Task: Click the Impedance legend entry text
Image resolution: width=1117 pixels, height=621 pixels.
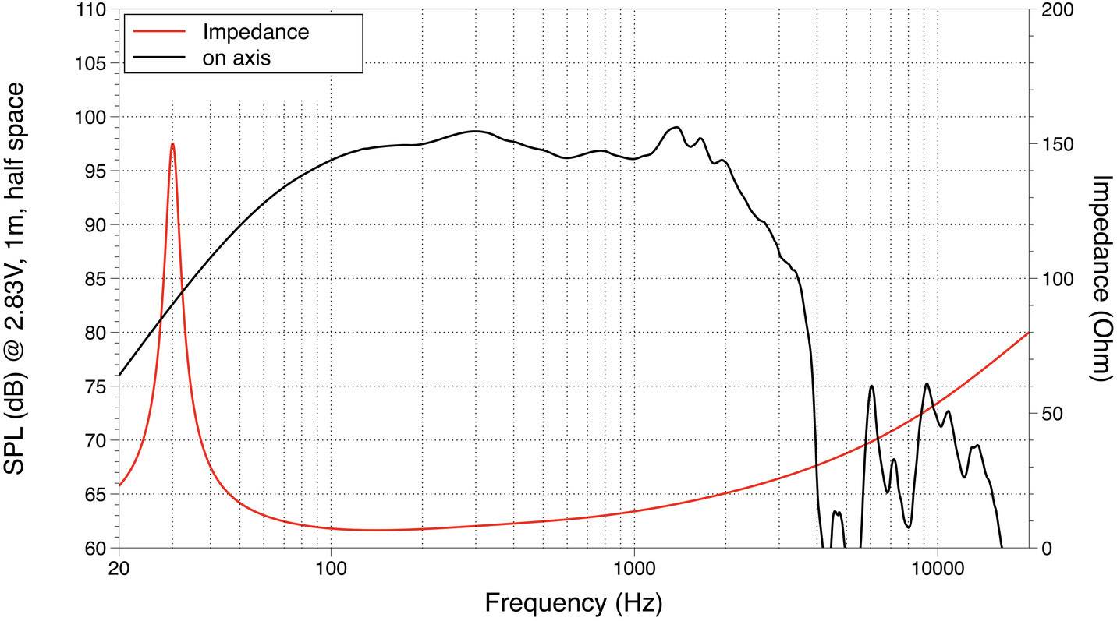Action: coord(255,32)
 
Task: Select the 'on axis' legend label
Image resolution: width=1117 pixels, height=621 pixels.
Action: coord(236,58)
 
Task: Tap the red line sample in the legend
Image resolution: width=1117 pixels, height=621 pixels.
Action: coord(160,32)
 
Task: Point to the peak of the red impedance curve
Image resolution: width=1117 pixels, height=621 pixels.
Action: coord(172,144)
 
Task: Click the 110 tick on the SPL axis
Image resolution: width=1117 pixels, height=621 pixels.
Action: coord(93,10)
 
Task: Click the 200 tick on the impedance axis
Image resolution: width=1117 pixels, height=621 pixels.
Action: coord(1058,10)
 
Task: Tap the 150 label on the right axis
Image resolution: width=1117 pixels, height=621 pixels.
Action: coord(1058,144)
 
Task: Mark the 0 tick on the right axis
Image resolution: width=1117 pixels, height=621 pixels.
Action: coord(1047,548)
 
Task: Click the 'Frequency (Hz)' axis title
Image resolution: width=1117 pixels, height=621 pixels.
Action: coord(573,602)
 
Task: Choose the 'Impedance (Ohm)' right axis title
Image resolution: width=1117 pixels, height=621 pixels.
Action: coord(1100,278)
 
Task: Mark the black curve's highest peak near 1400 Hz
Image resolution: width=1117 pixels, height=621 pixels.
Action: coord(676,127)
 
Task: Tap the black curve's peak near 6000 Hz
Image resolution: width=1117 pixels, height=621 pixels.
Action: coord(871,386)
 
